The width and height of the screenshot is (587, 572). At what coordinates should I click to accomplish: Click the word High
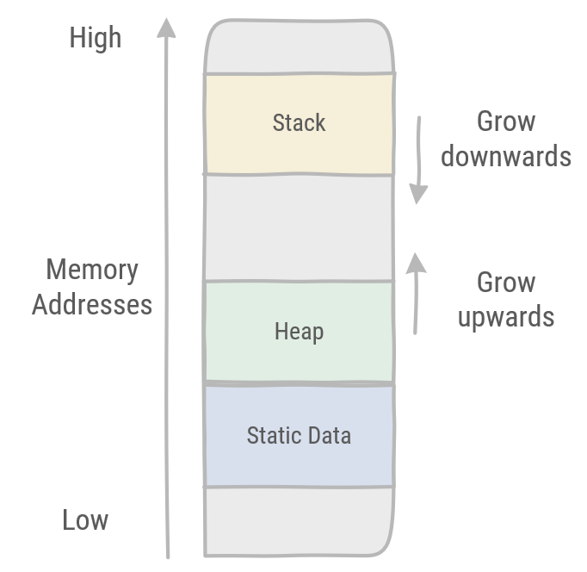tap(96, 38)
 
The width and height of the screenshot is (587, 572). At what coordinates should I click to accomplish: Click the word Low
tap(85, 519)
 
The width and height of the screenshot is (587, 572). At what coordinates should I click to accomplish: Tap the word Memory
tap(92, 270)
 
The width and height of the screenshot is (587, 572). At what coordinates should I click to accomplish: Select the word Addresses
tap(92, 304)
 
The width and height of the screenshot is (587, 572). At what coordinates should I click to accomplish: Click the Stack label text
tap(299, 122)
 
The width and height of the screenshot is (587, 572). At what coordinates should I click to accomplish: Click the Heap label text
tap(299, 331)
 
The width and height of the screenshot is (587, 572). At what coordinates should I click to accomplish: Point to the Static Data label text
tap(299, 435)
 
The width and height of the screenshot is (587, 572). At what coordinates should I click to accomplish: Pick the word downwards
tap(506, 156)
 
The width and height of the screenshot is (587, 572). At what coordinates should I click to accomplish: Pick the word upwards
tap(506, 317)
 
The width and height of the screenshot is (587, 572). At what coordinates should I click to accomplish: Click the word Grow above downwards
tap(506, 121)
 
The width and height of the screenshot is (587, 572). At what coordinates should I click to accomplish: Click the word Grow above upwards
tap(506, 283)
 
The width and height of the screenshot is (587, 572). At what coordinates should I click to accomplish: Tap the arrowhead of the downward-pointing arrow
tap(418, 194)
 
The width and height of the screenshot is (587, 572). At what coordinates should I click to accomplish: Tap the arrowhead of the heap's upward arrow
tap(416, 261)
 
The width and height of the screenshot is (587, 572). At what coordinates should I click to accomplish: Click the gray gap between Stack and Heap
tap(299, 227)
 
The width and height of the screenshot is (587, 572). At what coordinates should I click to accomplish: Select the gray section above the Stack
tap(299, 47)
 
